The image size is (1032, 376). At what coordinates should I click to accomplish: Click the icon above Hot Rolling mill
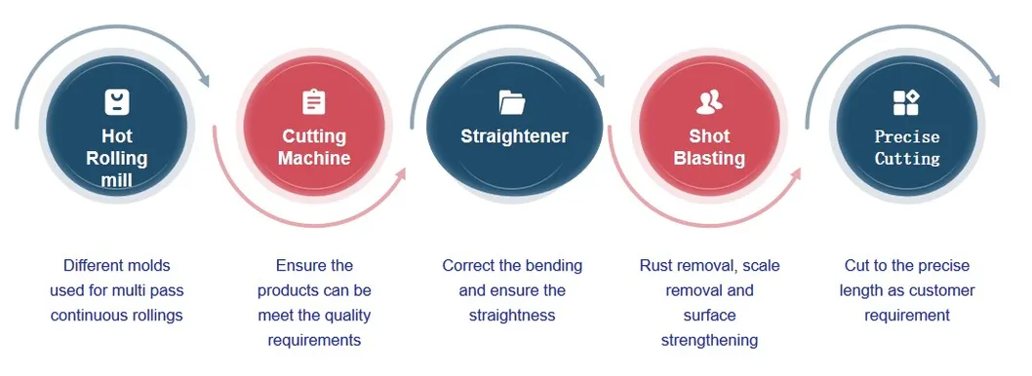tap(117, 101)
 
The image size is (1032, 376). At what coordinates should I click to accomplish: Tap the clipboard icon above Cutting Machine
tap(314, 101)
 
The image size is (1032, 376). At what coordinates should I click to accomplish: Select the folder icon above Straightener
tap(512, 101)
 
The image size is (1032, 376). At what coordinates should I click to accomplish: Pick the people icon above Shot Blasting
tap(709, 101)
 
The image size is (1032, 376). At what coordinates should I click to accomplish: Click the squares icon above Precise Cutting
tap(906, 102)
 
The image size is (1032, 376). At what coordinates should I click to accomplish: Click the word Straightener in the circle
tap(514, 136)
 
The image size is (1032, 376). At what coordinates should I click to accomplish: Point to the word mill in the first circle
tap(117, 179)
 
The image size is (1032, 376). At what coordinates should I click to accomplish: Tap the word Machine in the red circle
tap(314, 158)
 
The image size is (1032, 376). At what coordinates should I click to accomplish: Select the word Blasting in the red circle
tap(709, 158)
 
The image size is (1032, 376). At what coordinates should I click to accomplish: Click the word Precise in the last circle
tap(907, 136)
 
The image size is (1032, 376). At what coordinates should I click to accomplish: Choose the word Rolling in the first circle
tap(117, 158)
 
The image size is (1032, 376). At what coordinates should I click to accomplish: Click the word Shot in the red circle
tap(709, 136)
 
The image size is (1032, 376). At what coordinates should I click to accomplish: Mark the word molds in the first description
tap(149, 266)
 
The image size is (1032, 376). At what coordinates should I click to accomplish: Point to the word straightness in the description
tap(512, 316)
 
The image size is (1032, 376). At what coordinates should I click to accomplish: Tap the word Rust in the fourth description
tap(656, 266)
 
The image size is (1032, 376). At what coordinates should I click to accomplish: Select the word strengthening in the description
tap(709, 341)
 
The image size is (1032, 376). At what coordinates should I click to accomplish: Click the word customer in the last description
tap(941, 291)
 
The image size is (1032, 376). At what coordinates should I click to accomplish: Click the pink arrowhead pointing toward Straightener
tap(399, 174)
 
